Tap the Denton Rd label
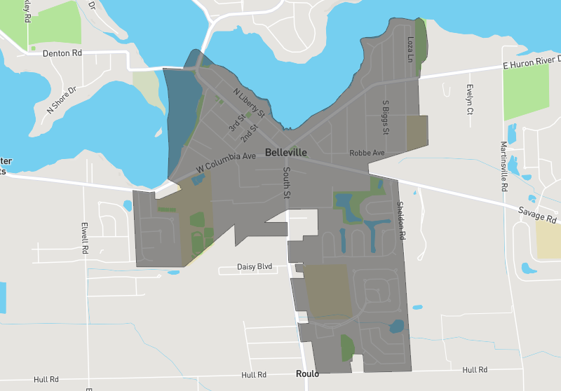click(62, 53)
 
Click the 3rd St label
click(234, 124)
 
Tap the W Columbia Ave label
click(226, 163)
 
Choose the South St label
click(286, 182)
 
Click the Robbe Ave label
click(367, 152)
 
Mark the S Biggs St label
click(385, 117)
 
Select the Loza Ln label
click(411, 49)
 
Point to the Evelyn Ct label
click(470, 100)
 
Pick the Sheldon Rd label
click(401, 221)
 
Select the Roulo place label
click(308, 373)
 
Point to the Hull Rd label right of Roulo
click(475, 369)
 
